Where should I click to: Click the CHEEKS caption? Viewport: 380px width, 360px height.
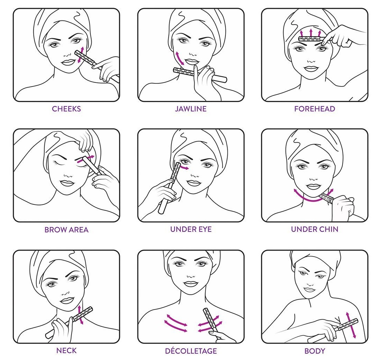point(66,109)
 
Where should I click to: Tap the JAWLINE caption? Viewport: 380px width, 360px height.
point(191,109)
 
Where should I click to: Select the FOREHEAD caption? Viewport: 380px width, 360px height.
point(314,109)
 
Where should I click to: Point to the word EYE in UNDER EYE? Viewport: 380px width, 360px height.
point(204,229)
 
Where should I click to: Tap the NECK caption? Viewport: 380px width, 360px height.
point(66,350)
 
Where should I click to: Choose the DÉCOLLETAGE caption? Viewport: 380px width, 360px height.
point(191,351)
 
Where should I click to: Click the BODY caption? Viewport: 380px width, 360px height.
point(314,351)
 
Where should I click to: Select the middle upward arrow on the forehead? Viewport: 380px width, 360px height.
point(311,32)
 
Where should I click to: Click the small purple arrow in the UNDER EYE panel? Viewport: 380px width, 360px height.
point(184,167)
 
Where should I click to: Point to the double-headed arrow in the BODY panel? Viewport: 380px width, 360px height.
point(351,325)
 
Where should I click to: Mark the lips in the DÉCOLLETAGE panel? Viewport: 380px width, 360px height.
point(191,284)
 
